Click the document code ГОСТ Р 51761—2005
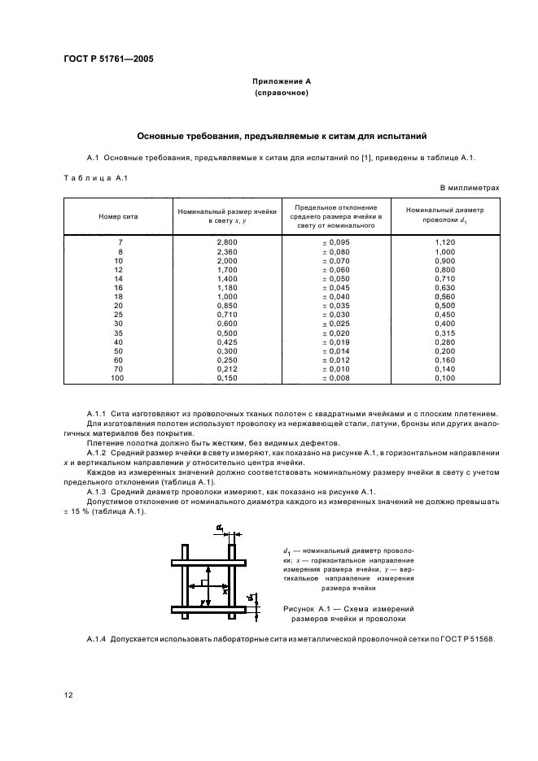coord(109,59)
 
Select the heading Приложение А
coord(281,82)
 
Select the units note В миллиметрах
coord(470,188)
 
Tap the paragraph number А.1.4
coord(98,639)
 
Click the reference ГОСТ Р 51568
coord(467,639)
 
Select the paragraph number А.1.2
coord(98,450)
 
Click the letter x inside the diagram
coord(225,591)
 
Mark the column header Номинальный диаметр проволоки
coord(444,215)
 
